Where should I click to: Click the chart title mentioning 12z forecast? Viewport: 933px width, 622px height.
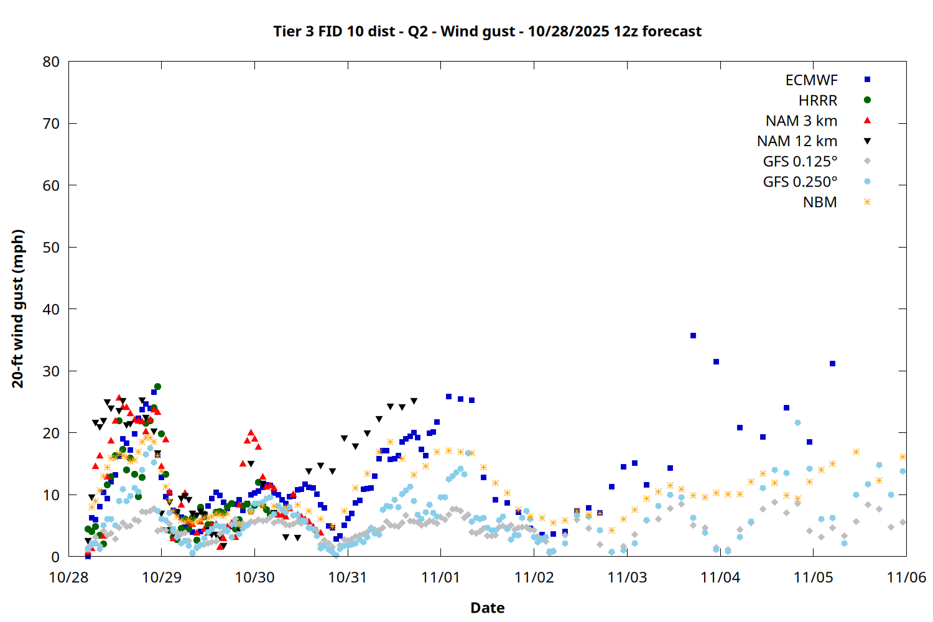[487, 31]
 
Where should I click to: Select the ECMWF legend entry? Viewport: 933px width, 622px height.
[811, 80]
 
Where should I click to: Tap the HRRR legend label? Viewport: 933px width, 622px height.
[818, 101]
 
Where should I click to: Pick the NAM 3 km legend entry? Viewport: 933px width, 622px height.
[801, 121]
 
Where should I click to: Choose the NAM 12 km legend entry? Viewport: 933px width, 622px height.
[797, 141]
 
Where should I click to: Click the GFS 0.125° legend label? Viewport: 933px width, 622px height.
[800, 162]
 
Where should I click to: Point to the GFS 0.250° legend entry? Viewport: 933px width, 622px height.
[800, 182]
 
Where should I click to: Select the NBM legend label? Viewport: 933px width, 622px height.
[820, 203]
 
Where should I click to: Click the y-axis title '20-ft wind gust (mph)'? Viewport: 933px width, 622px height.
[18, 309]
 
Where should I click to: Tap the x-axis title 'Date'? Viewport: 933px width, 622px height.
[487, 608]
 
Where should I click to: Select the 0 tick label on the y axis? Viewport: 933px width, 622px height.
[56, 557]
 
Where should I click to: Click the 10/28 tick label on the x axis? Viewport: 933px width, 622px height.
[68, 577]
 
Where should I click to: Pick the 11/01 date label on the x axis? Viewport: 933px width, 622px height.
[440, 577]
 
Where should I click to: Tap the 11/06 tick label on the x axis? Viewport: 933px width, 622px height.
[906, 577]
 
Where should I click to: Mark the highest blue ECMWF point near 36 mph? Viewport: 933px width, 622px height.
[693, 336]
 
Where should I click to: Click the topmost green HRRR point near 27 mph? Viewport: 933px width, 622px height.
[157, 387]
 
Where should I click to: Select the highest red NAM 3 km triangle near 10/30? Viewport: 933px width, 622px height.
[251, 432]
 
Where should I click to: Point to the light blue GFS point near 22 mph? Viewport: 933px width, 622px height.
[797, 423]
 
